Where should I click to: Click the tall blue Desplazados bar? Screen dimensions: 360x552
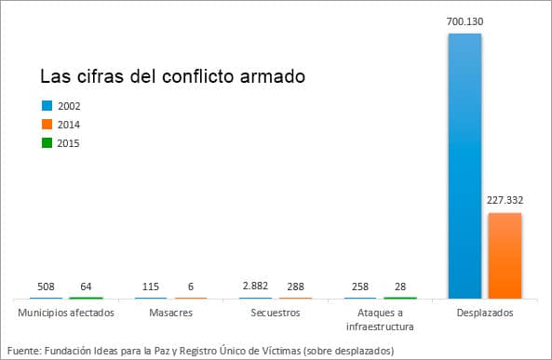click(x=464, y=166)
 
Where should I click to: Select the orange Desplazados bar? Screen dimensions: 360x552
click(x=505, y=255)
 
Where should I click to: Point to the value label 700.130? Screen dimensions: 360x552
click(x=464, y=20)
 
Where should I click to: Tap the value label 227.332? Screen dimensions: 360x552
click(x=505, y=199)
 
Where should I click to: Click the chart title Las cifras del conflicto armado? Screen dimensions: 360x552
click(x=172, y=75)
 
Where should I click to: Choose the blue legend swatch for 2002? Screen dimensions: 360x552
click(x=47, y=105)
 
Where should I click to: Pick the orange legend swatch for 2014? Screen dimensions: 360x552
click(x=47, y=124)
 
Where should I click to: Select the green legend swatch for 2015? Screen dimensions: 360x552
click(x=47, y=142)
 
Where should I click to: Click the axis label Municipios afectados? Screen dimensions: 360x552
click(x=66, y=313)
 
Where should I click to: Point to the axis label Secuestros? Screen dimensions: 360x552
click(x=276, y=313)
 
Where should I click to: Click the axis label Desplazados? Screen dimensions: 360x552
click(x=486, y=313)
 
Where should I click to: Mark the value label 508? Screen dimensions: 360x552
click(x=47, y=287)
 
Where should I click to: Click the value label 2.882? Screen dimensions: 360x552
click(x=256, y=287)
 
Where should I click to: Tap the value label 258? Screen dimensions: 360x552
click(x=361, y=287)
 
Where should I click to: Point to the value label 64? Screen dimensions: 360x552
click(x=86, y=287)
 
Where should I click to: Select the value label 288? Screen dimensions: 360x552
click(x=295, y=287)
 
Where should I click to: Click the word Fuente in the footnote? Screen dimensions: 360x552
click(x=23, y=350)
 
